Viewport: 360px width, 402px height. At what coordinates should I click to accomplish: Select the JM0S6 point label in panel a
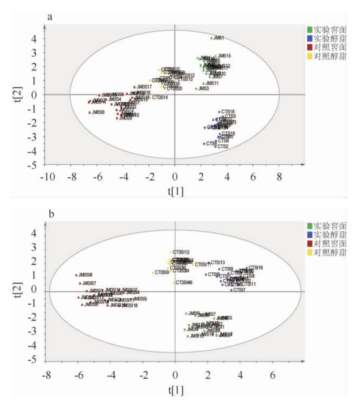pyautogui.click(x=98, y=112)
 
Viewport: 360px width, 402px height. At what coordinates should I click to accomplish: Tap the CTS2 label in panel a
pyautogui.click(x=223, y=146)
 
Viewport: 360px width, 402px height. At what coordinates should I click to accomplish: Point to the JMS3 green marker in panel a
pyautogui.click(x=196, y=89)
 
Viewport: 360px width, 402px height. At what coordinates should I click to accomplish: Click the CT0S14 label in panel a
pyautogui.click(x=160, y=97)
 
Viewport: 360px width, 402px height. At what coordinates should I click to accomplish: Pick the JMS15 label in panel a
pyautogui.click(x=225, y=56)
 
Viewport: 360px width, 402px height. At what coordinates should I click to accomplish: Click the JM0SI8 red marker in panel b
pyautogui.click(x=76, y=275)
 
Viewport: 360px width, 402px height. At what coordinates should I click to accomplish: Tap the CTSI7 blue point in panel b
pyautogui.click(x=231, y=290)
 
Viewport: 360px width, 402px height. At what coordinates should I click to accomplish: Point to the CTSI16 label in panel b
pyautogui.click(x=256, y=267)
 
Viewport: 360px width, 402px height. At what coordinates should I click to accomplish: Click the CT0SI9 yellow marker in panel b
pyautogui.click(x=153, y=273)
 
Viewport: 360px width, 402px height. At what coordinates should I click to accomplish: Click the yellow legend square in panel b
pyautogui.click(x=310, y=252)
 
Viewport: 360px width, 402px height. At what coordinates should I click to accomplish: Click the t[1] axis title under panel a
pyautogui.click(x=176, y=191)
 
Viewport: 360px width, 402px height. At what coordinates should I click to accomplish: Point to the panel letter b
pyautogui.click(x=52, y=214)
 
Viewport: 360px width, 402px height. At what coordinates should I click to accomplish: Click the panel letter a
pyautogui.click(x=49, y=16)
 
